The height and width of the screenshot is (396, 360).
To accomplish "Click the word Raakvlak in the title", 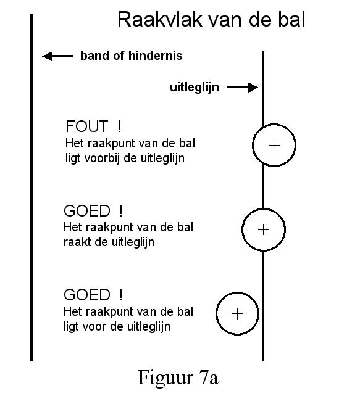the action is click(x=160, y=20).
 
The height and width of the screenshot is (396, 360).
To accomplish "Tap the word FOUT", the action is click(x=86, y=126).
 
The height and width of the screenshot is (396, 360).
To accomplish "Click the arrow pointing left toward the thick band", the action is click(x=57, y=56).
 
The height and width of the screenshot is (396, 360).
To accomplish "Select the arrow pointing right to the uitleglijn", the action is click(x=242, y=88).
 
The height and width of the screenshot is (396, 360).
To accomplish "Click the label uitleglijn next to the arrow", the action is click(x=195, y=88).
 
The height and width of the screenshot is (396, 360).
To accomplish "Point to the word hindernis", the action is click(x=156, y=56).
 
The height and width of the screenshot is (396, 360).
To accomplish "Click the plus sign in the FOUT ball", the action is click(x=274, y=146).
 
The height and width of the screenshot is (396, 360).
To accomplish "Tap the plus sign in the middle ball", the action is click(x=264, y=229).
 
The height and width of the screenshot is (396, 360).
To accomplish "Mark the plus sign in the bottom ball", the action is click(x=237, y=314).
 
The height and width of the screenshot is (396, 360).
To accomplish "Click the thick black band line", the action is click(x=31, y=187).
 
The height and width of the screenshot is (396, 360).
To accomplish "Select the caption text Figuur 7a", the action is click(x=178, y=377).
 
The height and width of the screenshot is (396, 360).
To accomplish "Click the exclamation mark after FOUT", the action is click(x=120, y=126).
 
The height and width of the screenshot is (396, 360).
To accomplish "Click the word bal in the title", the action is click(x=291, y=20).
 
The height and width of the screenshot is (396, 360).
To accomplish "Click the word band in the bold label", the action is click(x=95, y=56).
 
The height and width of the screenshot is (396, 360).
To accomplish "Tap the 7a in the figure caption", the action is click(x=209, y=378).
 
